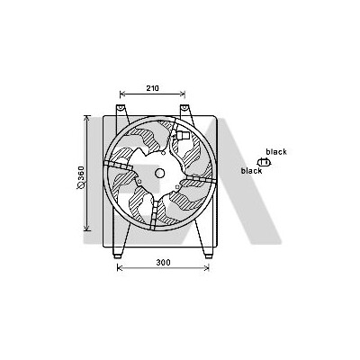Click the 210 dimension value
pyautogui.click(x=152, y=88)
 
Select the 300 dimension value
pyautogui.click(x=163, y=263)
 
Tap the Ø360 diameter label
pyautogui.click(x=81, y=178)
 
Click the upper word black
pyautogui.click(x=276, y=152)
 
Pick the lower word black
pyautogui.click(x=252, y=171)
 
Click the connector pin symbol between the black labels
pyautogui.click(x=264, y=162)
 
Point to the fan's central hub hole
pyautogui.click(x=159, y=173)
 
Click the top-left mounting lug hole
pyautogui.click(x=121, y=107)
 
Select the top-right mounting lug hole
pyautogui.click(x=184, y=107)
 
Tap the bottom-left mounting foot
pyautogui.click(x=117, y=256)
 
